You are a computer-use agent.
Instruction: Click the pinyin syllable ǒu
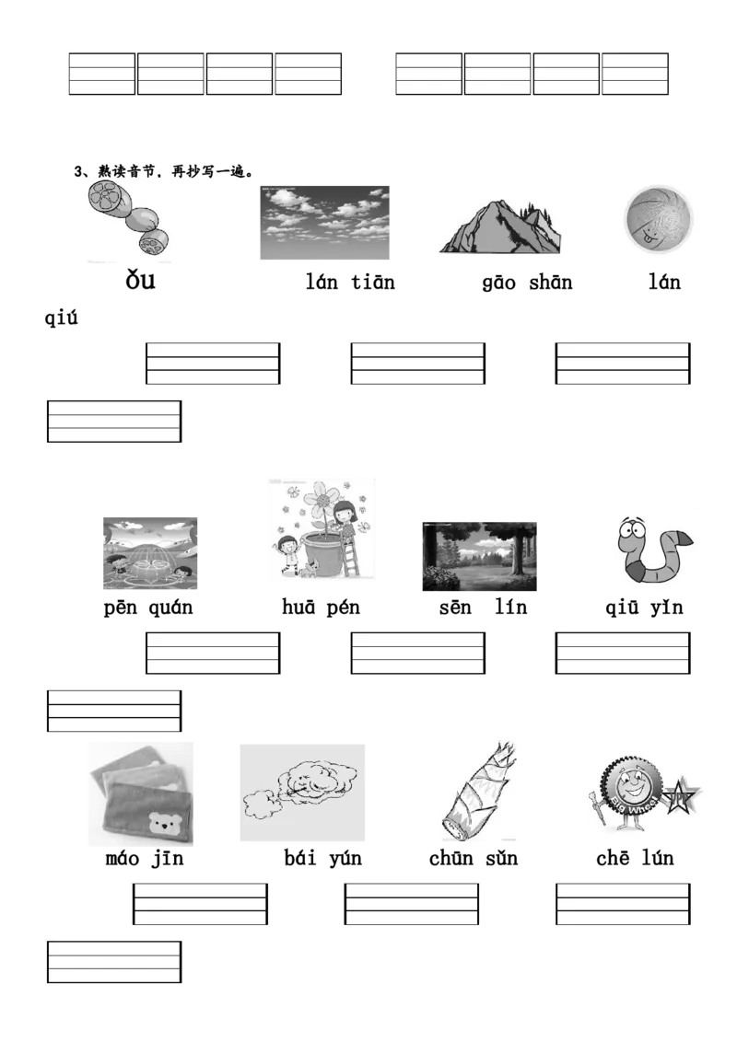point(140,280)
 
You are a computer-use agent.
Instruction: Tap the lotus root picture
point(128,219)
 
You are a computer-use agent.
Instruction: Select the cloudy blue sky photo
point(324,223)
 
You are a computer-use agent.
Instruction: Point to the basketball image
point(659,219)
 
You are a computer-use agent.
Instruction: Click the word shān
point(551,283)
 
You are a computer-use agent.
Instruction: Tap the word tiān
point(373,282)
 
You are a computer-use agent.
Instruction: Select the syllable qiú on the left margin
point(61,318)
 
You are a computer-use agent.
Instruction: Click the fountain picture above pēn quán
point(150,553)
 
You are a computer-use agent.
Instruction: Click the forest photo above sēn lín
point(480,556)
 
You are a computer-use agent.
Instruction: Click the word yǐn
point(667,608)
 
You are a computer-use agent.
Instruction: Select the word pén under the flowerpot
point(344,608)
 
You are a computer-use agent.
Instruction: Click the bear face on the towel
point(162,824)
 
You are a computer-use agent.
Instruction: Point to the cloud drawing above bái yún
point(303,793)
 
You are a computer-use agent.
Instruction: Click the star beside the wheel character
point(681,795)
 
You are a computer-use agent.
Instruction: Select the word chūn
point(451,859)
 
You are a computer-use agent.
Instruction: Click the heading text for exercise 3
point(164,171)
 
